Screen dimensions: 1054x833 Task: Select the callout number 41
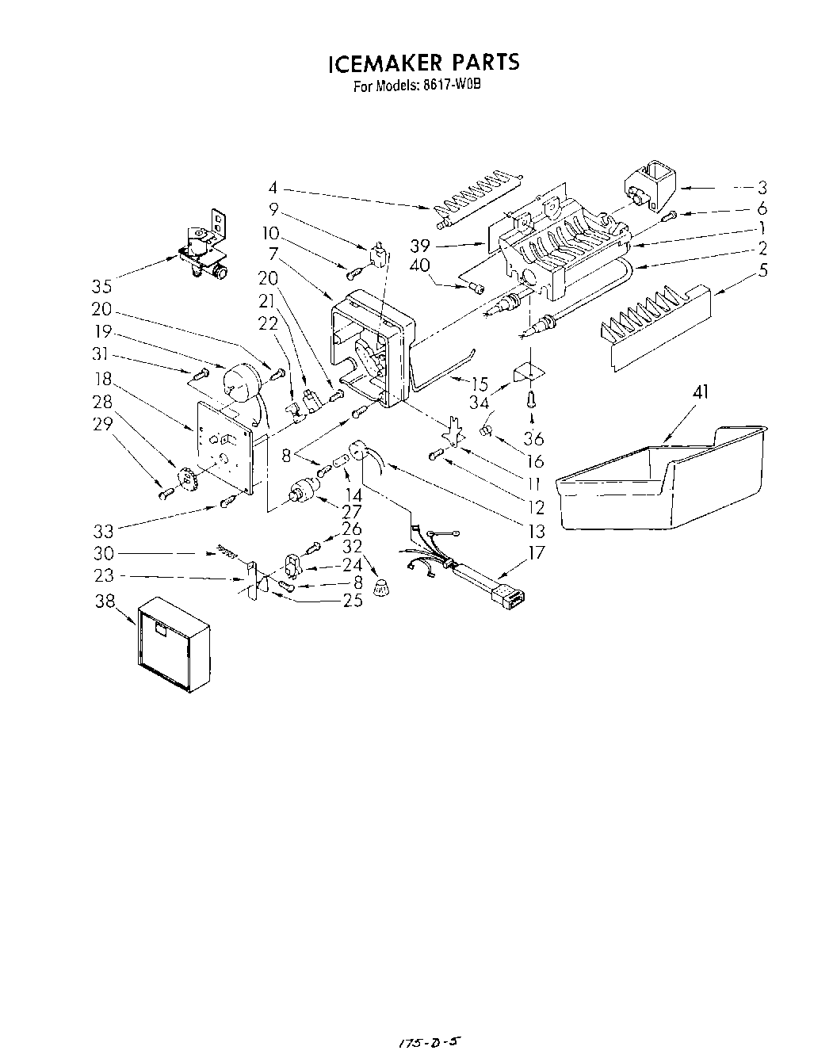701,391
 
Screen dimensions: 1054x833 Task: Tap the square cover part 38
172,643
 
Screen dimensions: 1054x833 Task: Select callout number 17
537,552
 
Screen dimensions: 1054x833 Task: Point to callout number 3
762,188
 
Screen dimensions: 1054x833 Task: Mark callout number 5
762,269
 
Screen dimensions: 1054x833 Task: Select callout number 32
353,546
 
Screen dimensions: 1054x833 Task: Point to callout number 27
352,512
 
